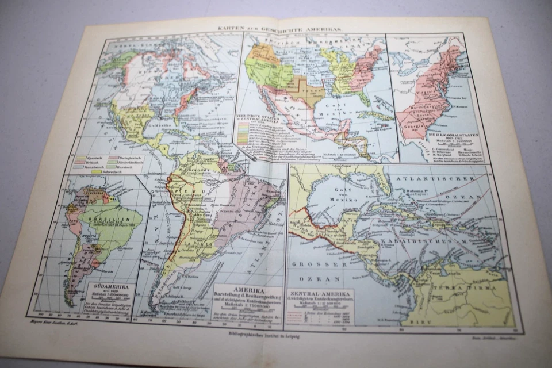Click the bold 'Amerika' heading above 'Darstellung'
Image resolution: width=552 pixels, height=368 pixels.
[248, 291]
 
